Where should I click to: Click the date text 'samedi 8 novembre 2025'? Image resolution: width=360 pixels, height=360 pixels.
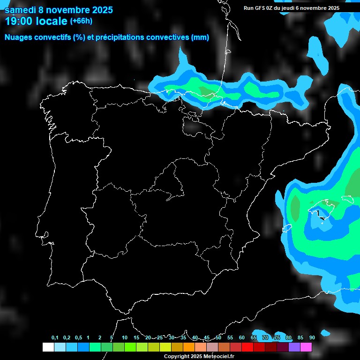pos(59,10)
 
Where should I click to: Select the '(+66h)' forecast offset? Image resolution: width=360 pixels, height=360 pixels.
pos(81,21)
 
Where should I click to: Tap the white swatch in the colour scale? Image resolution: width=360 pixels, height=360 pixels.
pos(48,347)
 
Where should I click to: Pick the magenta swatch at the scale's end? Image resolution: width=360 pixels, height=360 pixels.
pos(306,347)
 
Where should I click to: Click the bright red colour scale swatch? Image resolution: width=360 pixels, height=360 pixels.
pos(247,347)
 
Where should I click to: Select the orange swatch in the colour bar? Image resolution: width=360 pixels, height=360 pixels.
pos(188,347)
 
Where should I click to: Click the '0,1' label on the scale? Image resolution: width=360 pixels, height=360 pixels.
pos(55,338)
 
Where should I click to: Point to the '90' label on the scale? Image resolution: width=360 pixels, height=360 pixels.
pos(312,338)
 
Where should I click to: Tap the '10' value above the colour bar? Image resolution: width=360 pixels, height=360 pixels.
pos(124,338)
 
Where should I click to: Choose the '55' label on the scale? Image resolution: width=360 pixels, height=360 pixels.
pos(230,338)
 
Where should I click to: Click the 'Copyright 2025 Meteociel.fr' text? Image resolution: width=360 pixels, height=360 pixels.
pos(199,357)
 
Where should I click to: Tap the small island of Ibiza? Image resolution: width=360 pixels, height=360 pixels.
pos(287,228)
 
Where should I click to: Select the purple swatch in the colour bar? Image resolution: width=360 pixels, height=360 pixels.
pos(294,347)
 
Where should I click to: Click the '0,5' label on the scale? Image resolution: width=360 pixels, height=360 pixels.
pos(78,338)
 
